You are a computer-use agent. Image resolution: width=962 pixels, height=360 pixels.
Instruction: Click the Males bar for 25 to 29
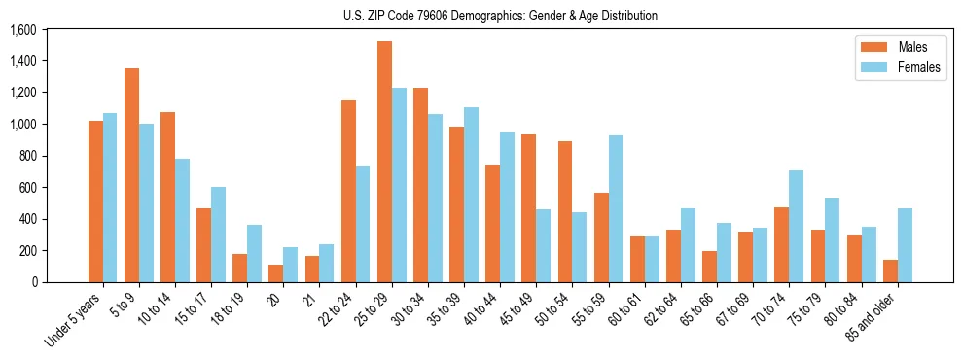384,162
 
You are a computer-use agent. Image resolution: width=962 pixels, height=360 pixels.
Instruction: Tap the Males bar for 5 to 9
131,175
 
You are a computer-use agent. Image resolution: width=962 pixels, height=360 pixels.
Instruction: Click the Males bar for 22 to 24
348,191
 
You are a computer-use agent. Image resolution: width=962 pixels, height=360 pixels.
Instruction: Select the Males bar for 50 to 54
565,211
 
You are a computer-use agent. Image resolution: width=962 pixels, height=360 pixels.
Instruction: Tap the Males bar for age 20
276,273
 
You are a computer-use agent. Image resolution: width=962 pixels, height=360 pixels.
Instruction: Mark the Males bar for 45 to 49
529,208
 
